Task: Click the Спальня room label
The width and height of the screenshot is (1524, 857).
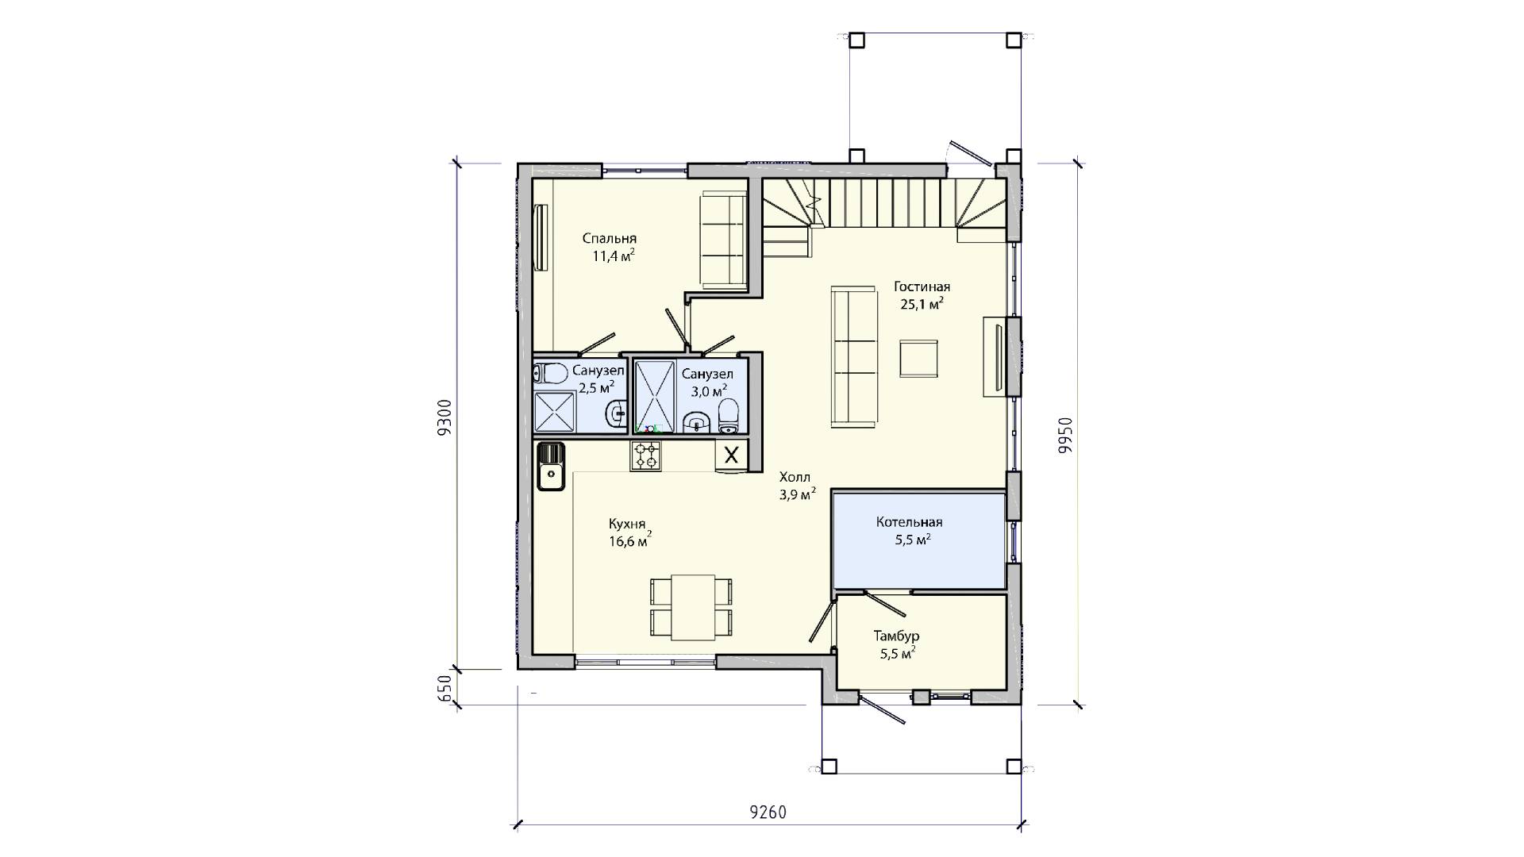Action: [x=610, y=239]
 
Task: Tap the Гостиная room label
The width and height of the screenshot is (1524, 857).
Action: [x=922, y=287]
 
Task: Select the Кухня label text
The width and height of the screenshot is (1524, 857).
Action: [x=626, y=525]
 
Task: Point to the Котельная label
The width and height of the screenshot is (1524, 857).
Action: [x=909, y=522]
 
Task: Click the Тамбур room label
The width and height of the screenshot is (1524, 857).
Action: [x=897, y=636]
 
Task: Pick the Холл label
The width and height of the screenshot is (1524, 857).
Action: [x=795, y=477]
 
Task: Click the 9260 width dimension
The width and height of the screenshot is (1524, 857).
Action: [x=768, y=813]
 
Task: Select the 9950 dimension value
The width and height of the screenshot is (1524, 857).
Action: [x=1065, y=435]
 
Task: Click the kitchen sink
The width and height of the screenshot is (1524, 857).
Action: [x=550, y=467]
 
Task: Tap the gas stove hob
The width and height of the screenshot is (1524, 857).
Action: [x=645, y=456]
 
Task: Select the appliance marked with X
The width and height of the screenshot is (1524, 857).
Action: [x=732, y=455]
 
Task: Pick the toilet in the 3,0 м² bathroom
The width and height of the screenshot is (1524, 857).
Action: [x=728, y=416]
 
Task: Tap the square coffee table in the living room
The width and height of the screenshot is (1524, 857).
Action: [x=918, y=358]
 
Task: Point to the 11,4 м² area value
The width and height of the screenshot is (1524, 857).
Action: [x=613, y=256]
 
